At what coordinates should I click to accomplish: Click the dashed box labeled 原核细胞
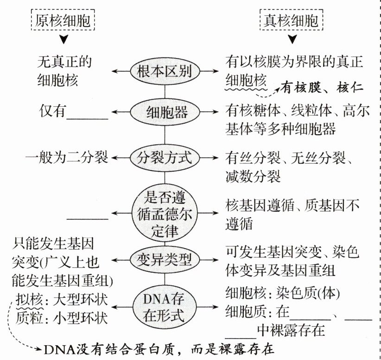coord(64,20)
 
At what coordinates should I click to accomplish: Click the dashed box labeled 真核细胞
coord(291,20)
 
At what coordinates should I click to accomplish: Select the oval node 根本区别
coord(165,72)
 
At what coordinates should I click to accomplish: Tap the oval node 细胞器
coord(165,112)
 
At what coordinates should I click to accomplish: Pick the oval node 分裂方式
coord(165,158)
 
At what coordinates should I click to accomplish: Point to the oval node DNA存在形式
coord(165,307)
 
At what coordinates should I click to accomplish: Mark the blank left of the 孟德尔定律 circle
coord(88,217)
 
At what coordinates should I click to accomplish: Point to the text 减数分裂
coord(253,176)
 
